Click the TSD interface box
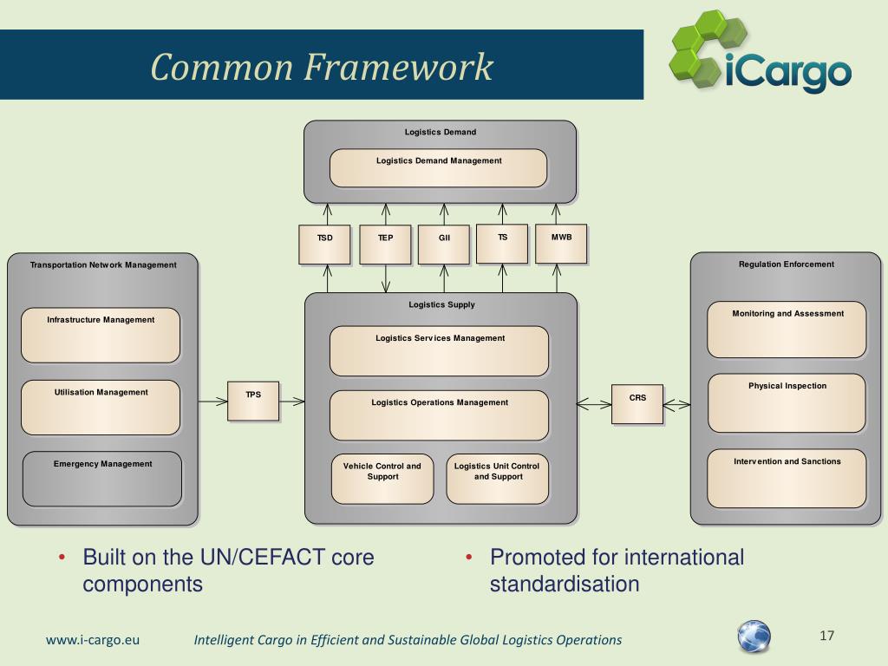[325, 245]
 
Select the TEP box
[386, 245]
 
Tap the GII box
[444, 245]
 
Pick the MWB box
[561, 244]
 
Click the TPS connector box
[253, 401]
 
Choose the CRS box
[637, 403]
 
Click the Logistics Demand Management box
[439, 168]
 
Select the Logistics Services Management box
[440, 350]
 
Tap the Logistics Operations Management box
[440, 415]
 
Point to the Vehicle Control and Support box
[382, 479]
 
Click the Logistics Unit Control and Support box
[497, 479]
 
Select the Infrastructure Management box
[101, 335]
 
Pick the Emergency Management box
[102, 479]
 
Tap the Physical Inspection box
[787, 402]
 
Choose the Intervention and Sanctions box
[787, 478]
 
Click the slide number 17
[826, 637]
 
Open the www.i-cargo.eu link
[93, 640]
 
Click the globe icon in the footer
[754, 637]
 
